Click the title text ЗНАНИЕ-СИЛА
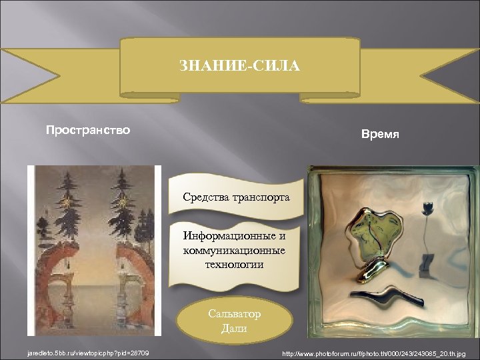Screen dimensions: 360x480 239,67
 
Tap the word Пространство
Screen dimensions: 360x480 87,129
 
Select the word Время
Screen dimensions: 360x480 380,134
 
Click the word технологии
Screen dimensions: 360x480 234,264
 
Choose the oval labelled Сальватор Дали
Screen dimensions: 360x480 234,321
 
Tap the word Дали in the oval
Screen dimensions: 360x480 234,328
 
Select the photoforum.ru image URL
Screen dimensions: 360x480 376,352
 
